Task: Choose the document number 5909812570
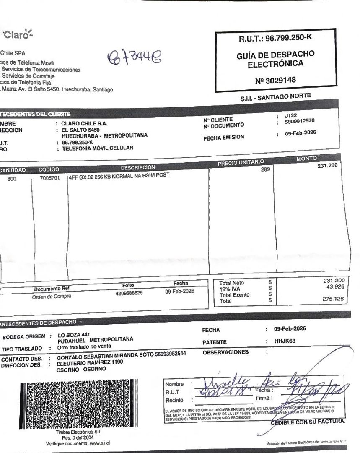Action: tap(299, 121)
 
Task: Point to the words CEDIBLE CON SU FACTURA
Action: tap(308, 422)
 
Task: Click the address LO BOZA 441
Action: tap(74, 334)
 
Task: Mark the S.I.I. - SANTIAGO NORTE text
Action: tap(275, 96)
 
